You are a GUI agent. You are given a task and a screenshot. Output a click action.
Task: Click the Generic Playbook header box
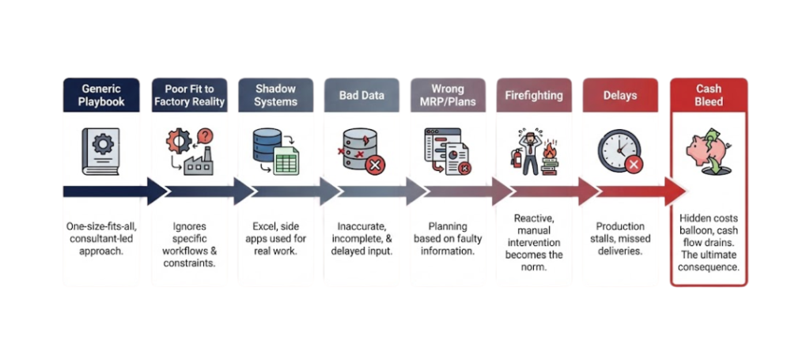point(101,95)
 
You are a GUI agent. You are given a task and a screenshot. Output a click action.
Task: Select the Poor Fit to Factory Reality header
point(189,95)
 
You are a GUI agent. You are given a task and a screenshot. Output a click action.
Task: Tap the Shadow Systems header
point(275,95)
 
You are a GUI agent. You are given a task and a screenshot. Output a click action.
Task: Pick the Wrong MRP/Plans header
point(448,95)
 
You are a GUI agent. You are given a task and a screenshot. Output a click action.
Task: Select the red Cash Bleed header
point(708,95)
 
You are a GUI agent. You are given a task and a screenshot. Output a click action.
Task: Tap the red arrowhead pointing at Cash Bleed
point(674,191)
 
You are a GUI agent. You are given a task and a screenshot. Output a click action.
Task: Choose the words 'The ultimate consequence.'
point(709,260)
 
